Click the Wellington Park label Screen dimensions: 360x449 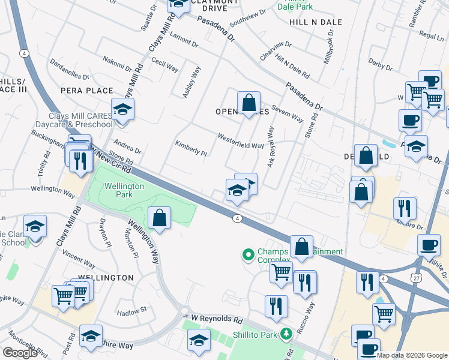(x=124, y=190)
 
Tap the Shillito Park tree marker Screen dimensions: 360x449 (x=287, y=333)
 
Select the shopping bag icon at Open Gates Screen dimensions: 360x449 (x=249, y=103)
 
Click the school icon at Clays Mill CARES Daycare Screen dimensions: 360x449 (x=122, y=110)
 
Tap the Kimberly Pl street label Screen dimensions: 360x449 (x=190, y=148)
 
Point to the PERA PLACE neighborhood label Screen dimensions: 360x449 (x=86, y=91)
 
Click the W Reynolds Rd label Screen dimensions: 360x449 (x=216, y=320)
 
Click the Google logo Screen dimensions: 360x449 (x=20, y=353)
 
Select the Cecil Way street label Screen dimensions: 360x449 (x=164, y=64)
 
